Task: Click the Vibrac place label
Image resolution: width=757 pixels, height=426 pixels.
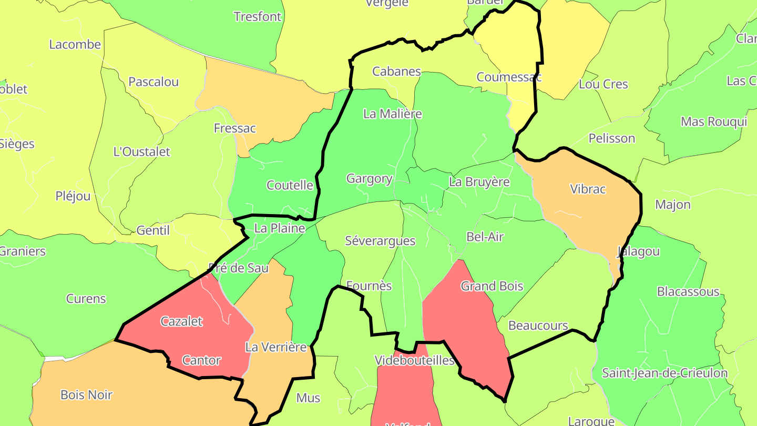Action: point(588,189)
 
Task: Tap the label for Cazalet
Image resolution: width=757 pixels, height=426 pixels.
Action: point(181,321)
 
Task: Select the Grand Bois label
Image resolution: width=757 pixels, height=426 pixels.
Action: point(492,286)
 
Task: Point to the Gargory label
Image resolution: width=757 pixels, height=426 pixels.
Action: point(370,179)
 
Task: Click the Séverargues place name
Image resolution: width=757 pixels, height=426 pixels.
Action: point(380,241)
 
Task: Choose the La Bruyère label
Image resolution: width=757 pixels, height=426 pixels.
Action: point(479,182)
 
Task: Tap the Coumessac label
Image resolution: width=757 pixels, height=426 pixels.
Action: point(509,77)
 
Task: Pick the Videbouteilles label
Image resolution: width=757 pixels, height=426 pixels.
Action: point(414,360)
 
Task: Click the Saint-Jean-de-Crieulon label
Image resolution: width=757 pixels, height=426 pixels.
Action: point(664,373)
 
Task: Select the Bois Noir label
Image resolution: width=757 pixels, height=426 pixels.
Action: point(87,394)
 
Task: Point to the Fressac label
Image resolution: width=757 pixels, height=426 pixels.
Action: point(235,128)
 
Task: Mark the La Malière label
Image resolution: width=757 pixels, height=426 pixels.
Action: point(393,114)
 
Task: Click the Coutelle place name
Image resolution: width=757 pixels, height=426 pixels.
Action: point(290,185)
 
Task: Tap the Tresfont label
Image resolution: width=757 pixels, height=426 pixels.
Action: point(258,17)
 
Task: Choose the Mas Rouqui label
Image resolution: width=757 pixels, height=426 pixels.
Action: point(714,122)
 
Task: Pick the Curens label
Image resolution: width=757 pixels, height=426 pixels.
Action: point(86,299)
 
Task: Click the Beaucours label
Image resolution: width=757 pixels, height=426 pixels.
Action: point(538,326)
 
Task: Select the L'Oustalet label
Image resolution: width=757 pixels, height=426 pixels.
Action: point(142,152)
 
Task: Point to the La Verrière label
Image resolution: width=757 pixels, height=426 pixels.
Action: point(276,347)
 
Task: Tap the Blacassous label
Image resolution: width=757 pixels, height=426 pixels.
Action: point(688,291)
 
